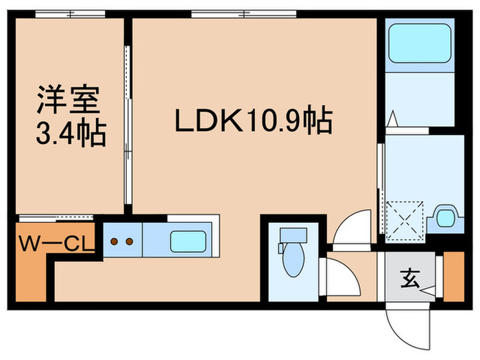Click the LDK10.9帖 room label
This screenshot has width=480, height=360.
(253, 122)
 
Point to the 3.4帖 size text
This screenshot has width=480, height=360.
(70, 133)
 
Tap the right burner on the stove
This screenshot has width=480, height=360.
(128, 241)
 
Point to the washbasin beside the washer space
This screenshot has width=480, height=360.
(446, 217)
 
